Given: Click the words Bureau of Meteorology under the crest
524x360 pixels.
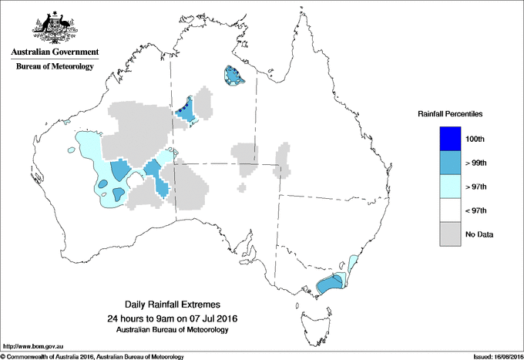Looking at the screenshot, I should point(55,67).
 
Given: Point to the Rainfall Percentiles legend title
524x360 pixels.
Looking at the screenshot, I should point(450,113).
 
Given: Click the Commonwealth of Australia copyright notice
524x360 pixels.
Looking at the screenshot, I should point(92,356).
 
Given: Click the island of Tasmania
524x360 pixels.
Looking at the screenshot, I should point(311,324).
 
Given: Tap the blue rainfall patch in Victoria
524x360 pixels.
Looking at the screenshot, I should point(331,284).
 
